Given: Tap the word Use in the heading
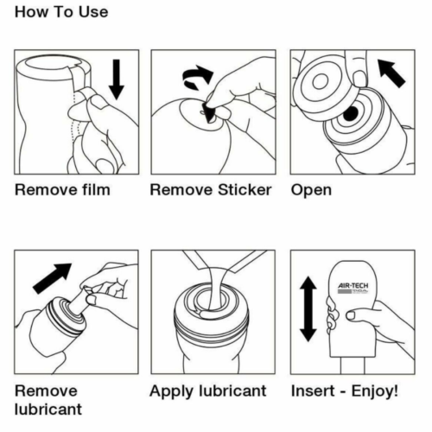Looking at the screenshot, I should click(92, 12).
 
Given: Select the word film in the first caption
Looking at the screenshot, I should click(92, 189).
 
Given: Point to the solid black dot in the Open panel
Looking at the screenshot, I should click(351, 116).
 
